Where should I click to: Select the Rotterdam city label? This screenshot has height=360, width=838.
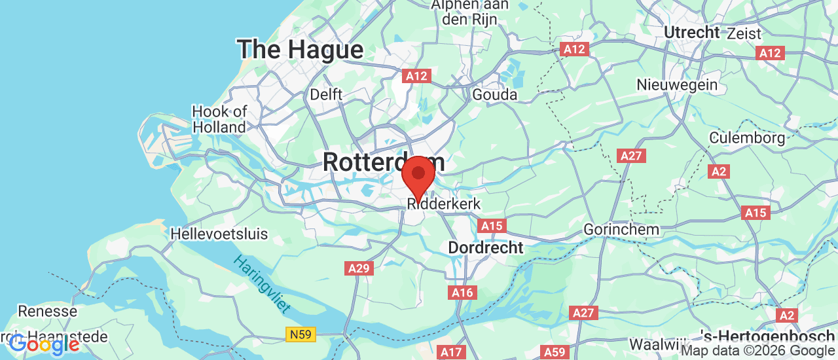(x=384, y=162)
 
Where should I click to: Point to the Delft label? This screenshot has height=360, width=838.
(x=326, y=94)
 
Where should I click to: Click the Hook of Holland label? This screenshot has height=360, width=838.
(x=219, y=119)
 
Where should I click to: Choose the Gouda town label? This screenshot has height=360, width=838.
(x=495, y=94)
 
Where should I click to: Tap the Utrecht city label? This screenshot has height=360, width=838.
(x=692, y=32)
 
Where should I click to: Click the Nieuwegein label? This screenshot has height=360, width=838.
(x=677, y=84)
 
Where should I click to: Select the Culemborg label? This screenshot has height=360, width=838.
(x=747, y=138)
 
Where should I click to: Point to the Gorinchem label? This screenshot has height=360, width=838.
(x=621, y=230)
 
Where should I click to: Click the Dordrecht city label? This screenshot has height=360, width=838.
(x=486, y=248)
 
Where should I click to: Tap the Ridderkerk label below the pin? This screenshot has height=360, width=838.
(x=444, y=204)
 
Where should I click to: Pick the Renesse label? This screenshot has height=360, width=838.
(x=47, y=311)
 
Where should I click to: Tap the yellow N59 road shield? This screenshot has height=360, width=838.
(x=301, y=334)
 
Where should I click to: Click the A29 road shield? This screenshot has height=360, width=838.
(x=359, y=268)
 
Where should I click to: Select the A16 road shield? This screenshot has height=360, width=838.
(x=462, y=292)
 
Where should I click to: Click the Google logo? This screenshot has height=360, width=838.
(x=43, y=344)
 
